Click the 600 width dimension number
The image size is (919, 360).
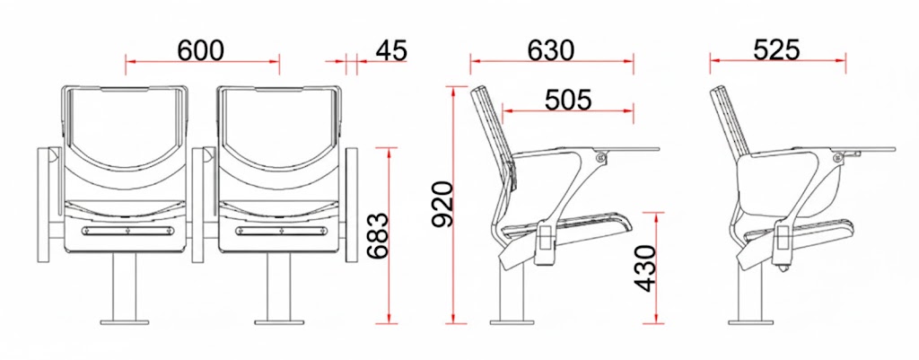(200, 50)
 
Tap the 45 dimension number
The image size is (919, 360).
(390, 50)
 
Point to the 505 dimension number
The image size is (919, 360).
(567, 100)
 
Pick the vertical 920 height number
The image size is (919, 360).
(442, 205)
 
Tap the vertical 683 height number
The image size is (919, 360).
(377, 235)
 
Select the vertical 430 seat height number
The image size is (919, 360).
(645, 268)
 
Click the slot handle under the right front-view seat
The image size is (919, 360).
(280, 231)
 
